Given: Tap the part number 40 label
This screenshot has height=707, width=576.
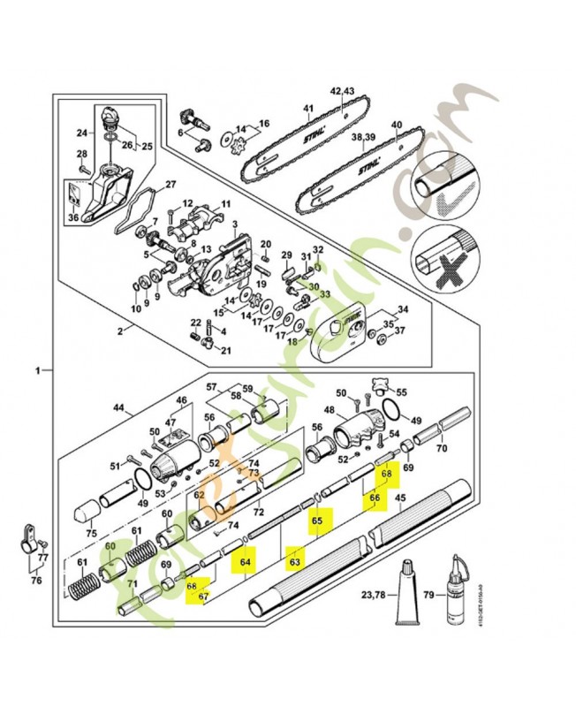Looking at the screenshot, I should [x=396, y=125].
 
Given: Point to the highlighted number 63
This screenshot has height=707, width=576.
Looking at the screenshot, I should [x=296, y=560].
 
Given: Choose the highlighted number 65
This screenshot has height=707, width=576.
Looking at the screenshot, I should [x=317, y=522].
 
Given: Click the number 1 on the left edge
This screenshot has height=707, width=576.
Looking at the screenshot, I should [x=37, y=371].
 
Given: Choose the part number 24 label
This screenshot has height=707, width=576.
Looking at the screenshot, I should [x=80, y=133].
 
